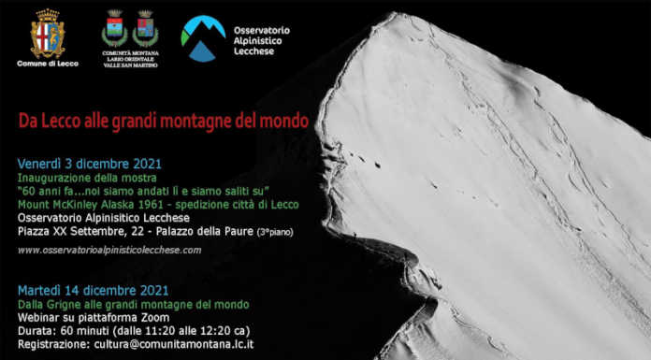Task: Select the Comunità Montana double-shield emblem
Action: pyautogui.click(x=129, y=30)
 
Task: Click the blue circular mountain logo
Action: pyautogui.click(x=203, y=36)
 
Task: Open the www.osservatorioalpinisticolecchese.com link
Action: pyautogui.click(x=109, y=250)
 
